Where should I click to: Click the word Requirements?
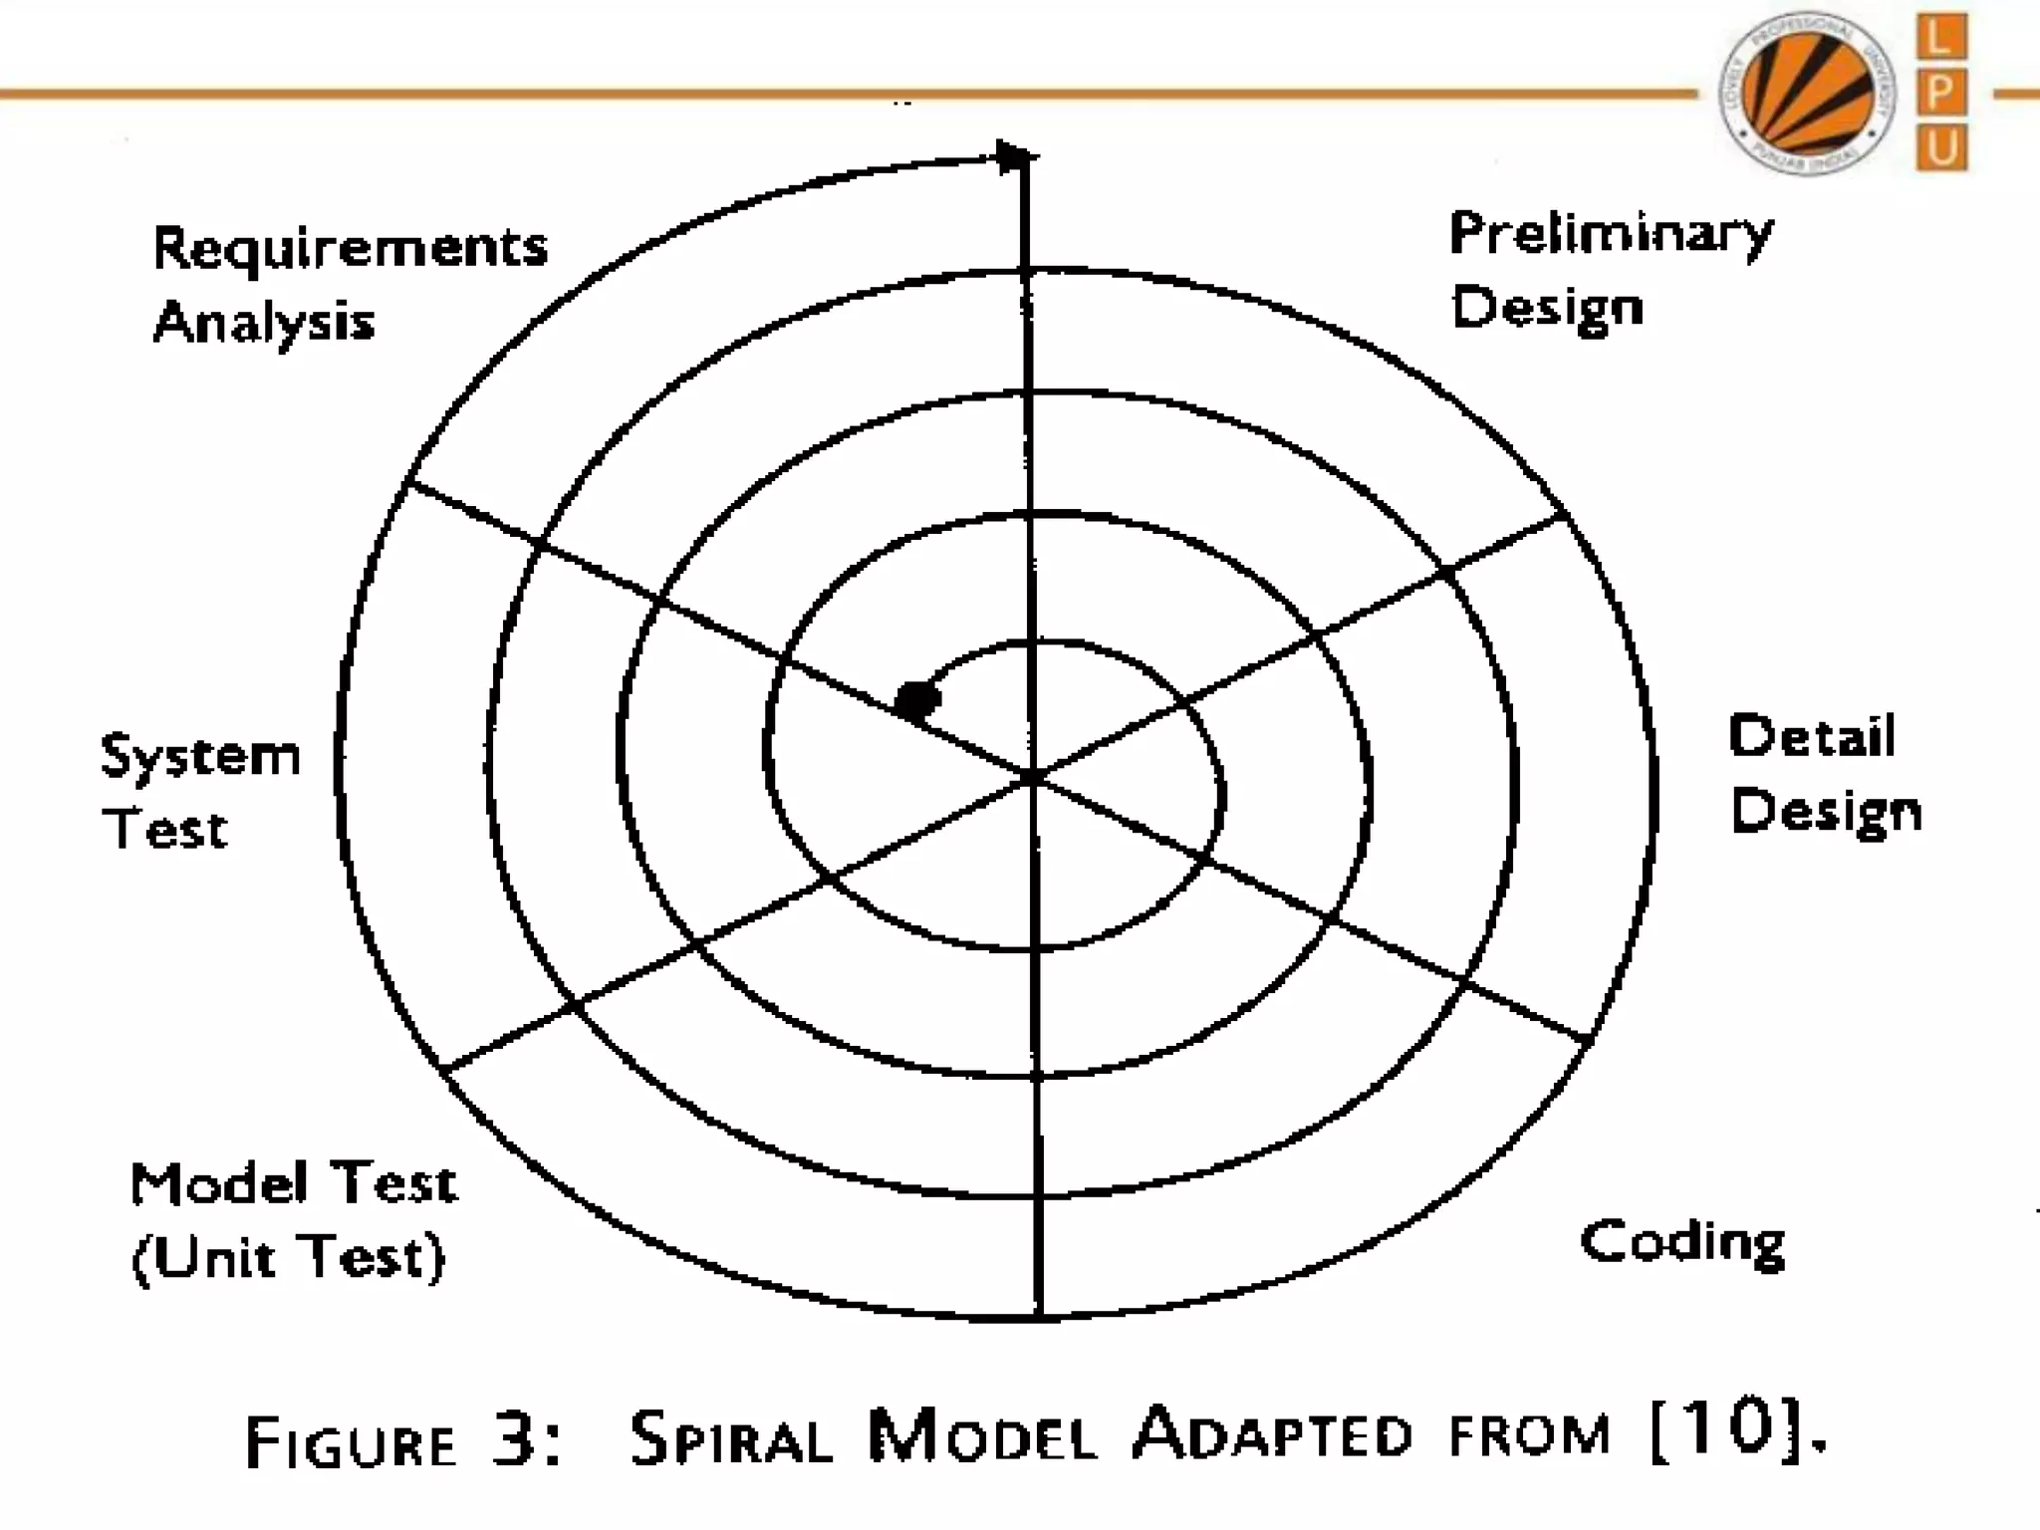pos(350,249)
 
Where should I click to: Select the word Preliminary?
pos(1611,235)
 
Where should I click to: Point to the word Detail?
pos(1812,737)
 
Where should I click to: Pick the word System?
pos(200,757)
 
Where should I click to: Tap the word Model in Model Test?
pos(218,1183)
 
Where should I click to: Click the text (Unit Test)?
pos(289,1257)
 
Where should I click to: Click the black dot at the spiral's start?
pos(917,699)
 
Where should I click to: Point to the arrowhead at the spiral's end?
pos(1014,157)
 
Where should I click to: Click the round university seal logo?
pos(1807,93)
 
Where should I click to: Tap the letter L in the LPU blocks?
pos(1940,38)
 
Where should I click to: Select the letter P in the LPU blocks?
pos(1940,94)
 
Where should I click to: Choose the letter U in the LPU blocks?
pos(1940,148)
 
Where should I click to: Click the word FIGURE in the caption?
pos(351,1442)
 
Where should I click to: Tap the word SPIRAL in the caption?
pos(731,1438)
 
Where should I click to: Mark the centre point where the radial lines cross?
pos(1034,775)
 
